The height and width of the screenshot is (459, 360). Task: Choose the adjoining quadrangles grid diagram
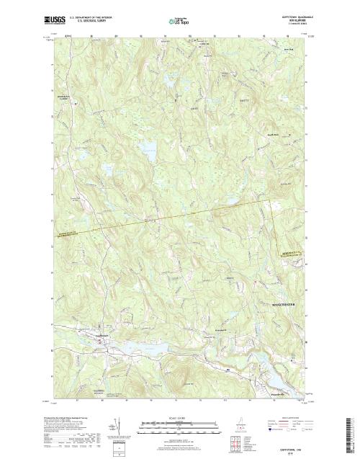(x=237, y=442)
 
